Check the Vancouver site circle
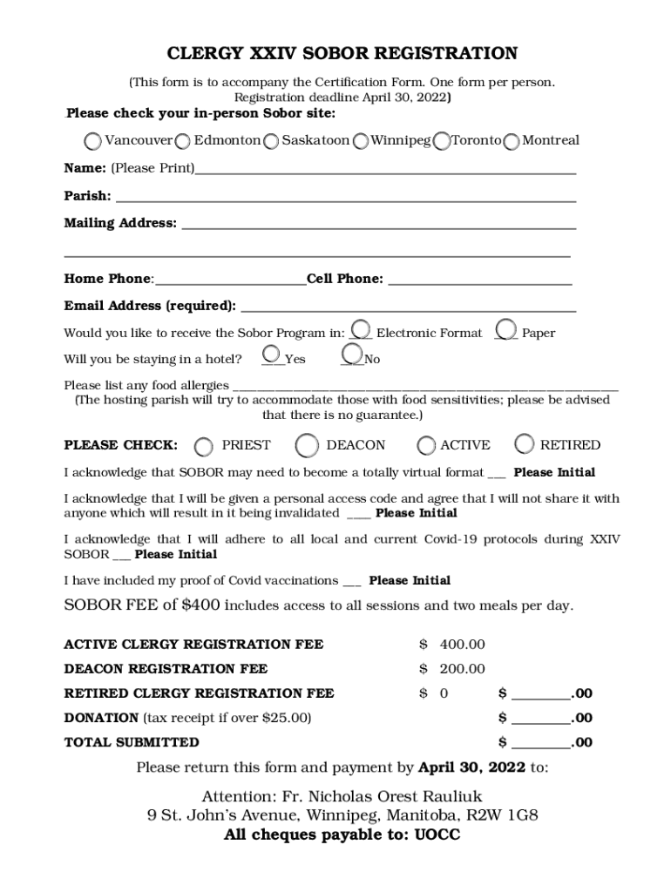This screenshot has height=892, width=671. tap(92, 141)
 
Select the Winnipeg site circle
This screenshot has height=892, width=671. tap(360, 141)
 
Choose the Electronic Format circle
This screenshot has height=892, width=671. tap(362, 329)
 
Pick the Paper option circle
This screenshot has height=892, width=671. tap(505, 329)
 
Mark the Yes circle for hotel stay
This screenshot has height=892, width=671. tap(272, 354)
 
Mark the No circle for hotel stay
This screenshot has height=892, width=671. tap(352, 354)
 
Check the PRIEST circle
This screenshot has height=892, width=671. tap(203, 446)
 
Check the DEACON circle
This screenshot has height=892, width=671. tap(307, 445)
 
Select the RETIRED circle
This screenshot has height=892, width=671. tap(525, 444)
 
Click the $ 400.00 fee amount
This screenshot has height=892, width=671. tap(452, 645)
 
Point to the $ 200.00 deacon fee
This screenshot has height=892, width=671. tap(452, 669)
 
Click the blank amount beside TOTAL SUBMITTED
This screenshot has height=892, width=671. tap(540, 743)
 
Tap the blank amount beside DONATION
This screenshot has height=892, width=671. tap(540, 719)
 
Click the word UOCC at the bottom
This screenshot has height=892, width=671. tap(437, 835)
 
